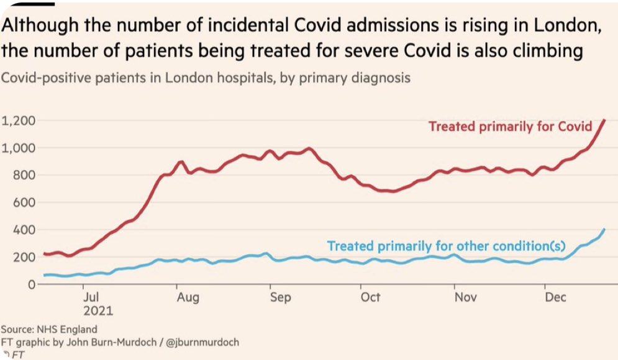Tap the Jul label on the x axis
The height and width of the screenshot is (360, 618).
click(91, 297)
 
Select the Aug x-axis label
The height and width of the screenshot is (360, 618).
click(188, 297)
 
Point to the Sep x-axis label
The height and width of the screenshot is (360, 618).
click(281, 297)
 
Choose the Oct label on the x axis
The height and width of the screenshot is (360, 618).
click(371, 297)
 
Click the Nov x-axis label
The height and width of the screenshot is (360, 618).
click(465, 297)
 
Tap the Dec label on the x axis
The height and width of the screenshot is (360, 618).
click(555, 297)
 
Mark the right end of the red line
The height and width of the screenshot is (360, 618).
click(604, 120)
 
